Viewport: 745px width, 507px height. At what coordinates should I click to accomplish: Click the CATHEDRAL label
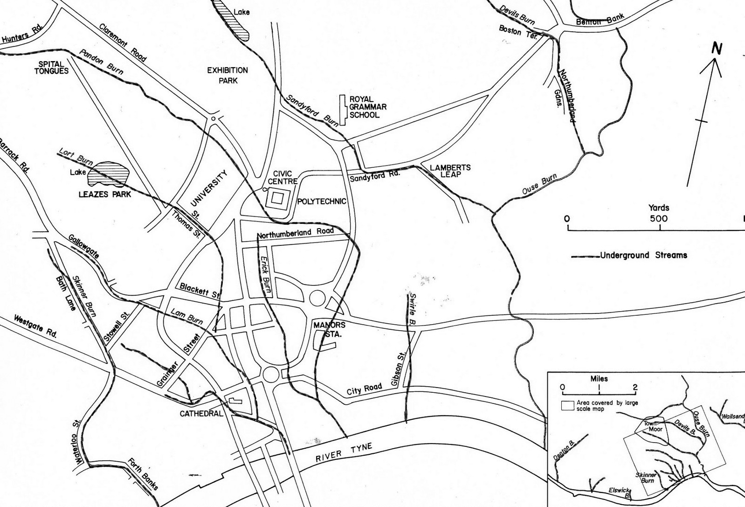201,413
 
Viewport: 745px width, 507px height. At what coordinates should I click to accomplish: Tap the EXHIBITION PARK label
228,75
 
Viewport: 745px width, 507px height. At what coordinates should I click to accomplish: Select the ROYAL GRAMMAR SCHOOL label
368,107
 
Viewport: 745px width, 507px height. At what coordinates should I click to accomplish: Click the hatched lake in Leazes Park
112,172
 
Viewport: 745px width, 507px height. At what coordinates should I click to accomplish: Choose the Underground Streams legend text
643,255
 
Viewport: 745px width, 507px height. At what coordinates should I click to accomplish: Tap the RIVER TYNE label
344,453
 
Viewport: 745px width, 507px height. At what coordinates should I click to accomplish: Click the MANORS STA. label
329,329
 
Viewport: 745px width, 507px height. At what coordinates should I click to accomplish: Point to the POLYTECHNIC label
322,201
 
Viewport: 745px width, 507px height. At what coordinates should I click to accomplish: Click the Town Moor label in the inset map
653,426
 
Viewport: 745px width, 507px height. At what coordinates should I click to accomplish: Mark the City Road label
364,389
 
